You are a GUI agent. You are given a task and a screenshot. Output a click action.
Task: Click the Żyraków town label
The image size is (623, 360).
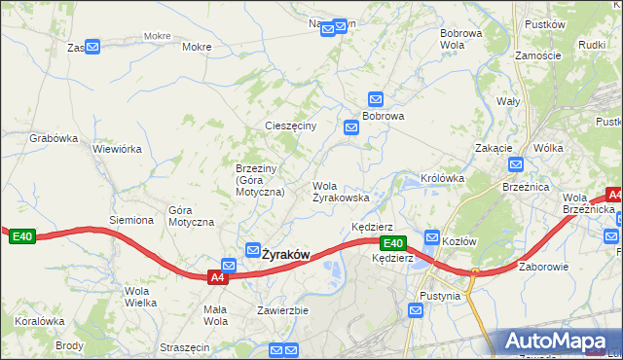285,255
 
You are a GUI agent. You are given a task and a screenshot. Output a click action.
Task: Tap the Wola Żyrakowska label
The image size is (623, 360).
340,191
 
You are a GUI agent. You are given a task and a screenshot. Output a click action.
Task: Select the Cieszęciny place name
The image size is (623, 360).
290,126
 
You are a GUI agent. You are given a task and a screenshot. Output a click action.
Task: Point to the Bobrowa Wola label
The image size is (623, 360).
460,39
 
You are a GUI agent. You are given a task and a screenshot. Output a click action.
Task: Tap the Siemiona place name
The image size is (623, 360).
131,220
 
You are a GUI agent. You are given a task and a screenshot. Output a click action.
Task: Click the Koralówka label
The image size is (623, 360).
39,320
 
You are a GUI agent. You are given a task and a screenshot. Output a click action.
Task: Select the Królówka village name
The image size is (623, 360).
442,179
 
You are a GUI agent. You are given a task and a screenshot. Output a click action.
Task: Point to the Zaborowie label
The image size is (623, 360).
543,266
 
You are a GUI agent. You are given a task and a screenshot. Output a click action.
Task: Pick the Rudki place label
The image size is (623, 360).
592,45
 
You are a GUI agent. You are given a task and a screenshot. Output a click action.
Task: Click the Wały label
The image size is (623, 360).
508,101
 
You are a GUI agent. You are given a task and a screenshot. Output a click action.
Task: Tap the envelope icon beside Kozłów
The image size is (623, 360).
432,237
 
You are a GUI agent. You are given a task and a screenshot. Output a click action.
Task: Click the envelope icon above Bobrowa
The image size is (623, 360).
376,98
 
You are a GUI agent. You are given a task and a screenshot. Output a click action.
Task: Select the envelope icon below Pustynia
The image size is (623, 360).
417,311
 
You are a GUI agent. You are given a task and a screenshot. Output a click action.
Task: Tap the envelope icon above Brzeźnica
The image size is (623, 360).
515,164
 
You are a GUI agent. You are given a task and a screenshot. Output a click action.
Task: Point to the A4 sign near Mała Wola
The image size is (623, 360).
219,277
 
